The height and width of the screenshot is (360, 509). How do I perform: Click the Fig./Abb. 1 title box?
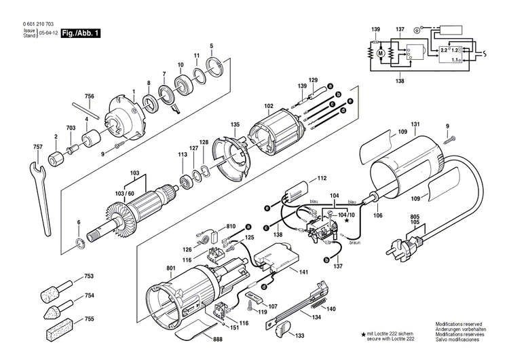pyautogui.click(x=80, y=33)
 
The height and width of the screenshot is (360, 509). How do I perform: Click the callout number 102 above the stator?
pyautogui.click(x=269, y=105)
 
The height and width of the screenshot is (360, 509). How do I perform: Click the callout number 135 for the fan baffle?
pyautogui.click(x=235, y=124)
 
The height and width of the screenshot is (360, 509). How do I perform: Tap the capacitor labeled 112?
pyautogui.click(x=296, y=192)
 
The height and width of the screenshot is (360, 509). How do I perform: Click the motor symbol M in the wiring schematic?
pyautogui.click(x=380, y=52)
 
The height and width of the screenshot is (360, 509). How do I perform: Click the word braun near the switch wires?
pyautogui.click(x=355, y=241)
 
